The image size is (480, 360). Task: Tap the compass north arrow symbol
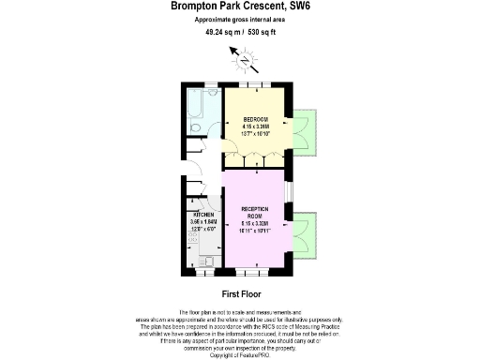tap(246, 63)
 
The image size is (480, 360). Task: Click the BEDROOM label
tap(256, 119)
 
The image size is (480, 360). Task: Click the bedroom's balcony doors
tap(305, 129)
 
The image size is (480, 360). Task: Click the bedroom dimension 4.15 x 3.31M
tap(256, 127)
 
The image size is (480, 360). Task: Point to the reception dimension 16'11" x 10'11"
tap(255, 232)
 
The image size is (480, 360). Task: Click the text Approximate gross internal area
tap(241, 20)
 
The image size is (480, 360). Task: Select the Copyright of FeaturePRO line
tap(241, 355)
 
